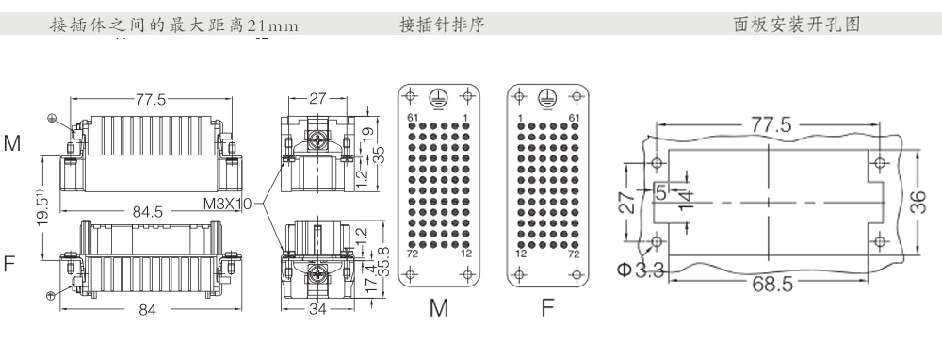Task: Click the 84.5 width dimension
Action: (147, 211)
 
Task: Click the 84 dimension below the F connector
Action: (147, 309)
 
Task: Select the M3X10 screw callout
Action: (228, 204)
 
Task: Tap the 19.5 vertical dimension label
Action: (42, 208)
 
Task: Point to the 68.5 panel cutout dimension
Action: (772, 284)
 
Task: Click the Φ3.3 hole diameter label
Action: (641, 270)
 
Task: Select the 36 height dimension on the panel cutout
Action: (918, 202)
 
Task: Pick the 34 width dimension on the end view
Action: (317, 309)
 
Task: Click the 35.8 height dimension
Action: (385, 261)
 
